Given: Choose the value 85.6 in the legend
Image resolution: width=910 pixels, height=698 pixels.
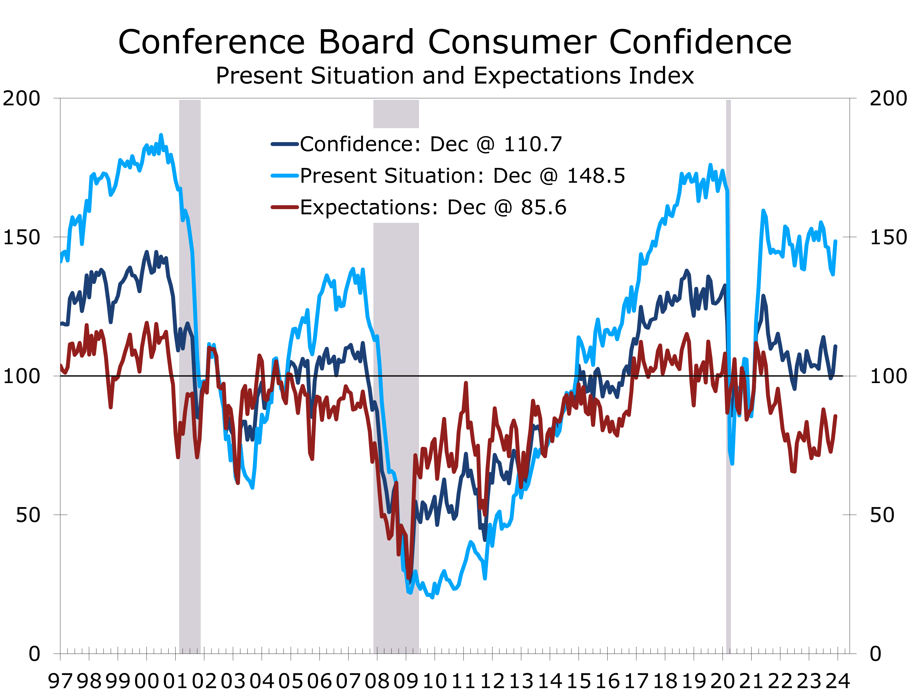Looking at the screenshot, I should tap(544, 207).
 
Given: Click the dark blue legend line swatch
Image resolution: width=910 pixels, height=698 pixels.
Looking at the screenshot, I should tap(285, 144).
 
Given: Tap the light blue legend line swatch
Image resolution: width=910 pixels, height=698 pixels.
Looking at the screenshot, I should tap(285, 176).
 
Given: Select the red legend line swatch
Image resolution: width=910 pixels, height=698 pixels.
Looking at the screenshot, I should tap(285, 207).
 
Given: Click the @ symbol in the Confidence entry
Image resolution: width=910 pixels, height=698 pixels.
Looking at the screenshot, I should tap(485, 145).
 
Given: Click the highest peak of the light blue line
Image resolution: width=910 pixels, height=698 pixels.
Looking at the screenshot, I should tap(161, 135).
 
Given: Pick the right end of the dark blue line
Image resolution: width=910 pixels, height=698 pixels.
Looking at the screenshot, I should tap(836, 346).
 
